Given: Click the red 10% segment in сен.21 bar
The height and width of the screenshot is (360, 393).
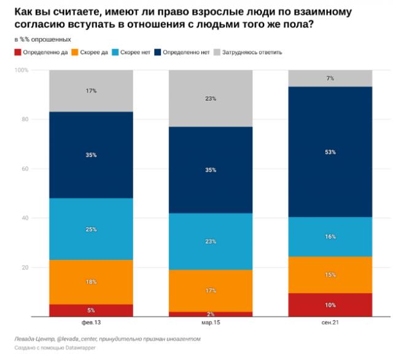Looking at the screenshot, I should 330,305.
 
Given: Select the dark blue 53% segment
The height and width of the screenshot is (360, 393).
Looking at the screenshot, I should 330,152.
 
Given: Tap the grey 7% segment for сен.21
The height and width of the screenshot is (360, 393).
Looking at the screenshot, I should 330,79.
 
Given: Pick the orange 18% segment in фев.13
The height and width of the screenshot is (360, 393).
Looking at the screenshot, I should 91,282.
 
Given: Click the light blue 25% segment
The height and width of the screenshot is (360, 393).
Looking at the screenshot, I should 91,229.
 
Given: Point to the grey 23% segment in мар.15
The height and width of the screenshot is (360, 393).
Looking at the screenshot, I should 211,98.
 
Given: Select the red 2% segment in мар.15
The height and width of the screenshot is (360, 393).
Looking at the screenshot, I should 211,314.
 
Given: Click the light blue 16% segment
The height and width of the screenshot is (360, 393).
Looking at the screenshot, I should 330,237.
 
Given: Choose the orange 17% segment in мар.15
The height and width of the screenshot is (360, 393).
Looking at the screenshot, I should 211,291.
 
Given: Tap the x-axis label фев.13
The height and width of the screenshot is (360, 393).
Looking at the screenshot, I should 91,322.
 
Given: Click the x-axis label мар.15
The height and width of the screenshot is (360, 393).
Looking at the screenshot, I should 211,322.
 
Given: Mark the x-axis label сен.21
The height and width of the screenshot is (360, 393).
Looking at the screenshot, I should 330,322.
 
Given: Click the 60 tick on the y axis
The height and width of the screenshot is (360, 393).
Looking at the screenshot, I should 25,169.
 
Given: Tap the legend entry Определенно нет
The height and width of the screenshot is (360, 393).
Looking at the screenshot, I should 187,52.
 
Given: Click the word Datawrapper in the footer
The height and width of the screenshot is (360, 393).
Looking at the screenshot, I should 76,349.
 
